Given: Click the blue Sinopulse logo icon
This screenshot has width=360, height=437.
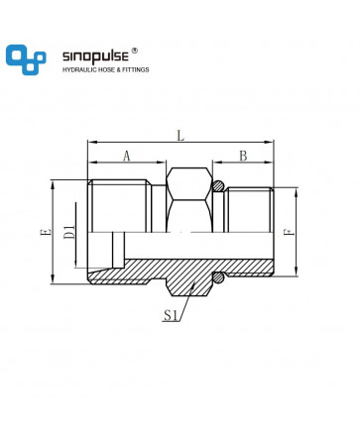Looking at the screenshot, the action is click(26, 59).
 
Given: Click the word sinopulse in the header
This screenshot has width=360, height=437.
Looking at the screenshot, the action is click(95, 56).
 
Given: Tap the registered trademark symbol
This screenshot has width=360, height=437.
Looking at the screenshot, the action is click(135, 51).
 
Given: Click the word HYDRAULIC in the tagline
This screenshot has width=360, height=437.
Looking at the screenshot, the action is click(78, 69).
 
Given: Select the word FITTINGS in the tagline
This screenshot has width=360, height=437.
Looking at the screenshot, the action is click(136, 69).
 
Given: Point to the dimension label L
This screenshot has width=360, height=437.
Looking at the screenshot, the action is click(180, 136).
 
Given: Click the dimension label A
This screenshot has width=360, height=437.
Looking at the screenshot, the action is click(127, 156).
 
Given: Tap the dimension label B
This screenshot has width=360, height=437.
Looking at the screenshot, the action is click(243, 156).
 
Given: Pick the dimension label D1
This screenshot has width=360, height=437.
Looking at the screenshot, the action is click(69, 232).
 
